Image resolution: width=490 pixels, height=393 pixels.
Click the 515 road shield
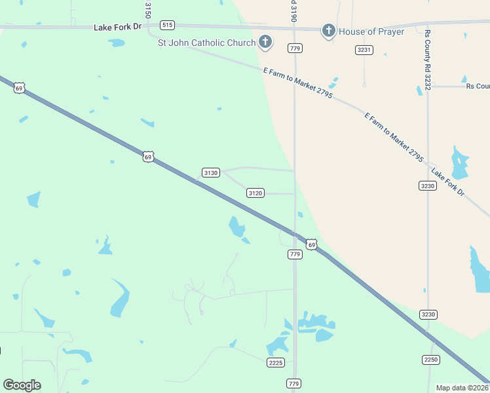coord(167,25)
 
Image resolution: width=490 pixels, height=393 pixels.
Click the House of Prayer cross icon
coord(328,31)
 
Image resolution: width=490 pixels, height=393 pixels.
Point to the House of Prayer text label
coord(371,31)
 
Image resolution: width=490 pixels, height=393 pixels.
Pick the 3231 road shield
coord(364,50)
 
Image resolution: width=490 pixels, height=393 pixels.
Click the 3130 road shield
coord(210,173)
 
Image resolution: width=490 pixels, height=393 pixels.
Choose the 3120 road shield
coord(255,193)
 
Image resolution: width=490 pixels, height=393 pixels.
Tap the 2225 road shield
coord(276,362)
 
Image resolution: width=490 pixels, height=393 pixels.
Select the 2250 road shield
coord(431,359)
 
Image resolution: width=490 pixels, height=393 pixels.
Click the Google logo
coord(22,384)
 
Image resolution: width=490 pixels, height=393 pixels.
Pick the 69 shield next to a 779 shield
coord(311,244)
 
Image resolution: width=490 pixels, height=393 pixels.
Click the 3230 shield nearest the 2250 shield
coord(428,314)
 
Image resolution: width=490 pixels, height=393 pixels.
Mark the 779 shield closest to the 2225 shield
coord(294,383)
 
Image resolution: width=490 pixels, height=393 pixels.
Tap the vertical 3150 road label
coord(148,9)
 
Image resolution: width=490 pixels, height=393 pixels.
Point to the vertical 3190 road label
coord(294,11)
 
